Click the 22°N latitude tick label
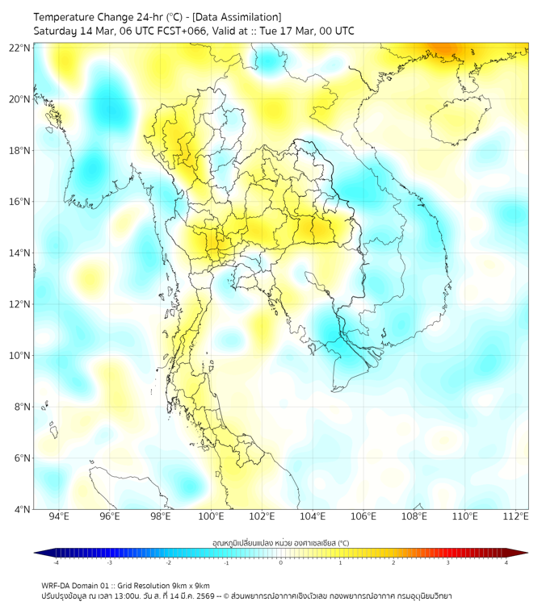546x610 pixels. (x=20, y=48)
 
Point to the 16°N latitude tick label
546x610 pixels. (x=20, y=202)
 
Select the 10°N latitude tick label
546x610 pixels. (x=20, y=356)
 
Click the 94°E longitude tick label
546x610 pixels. (x=59, y=516)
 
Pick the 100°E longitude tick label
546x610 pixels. (x=211, y=516)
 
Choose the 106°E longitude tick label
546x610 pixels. (x=363, y=516)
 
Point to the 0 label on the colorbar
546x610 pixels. (x=281, y=562)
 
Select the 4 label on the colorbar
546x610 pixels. (x=506, y=562)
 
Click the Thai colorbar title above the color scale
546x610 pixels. (x=280, y=542)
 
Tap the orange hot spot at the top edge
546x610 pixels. (x=446, y=50)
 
